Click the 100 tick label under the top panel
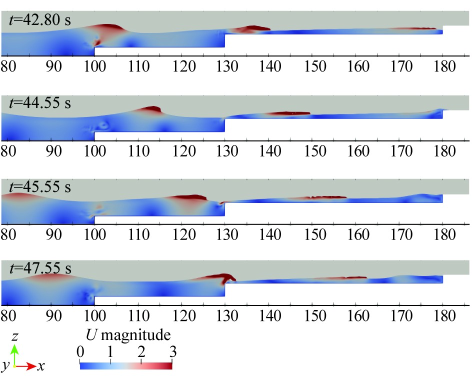pyautogui.click(x=94, y=66)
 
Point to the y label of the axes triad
pyautogui.click(x=5, y=367)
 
